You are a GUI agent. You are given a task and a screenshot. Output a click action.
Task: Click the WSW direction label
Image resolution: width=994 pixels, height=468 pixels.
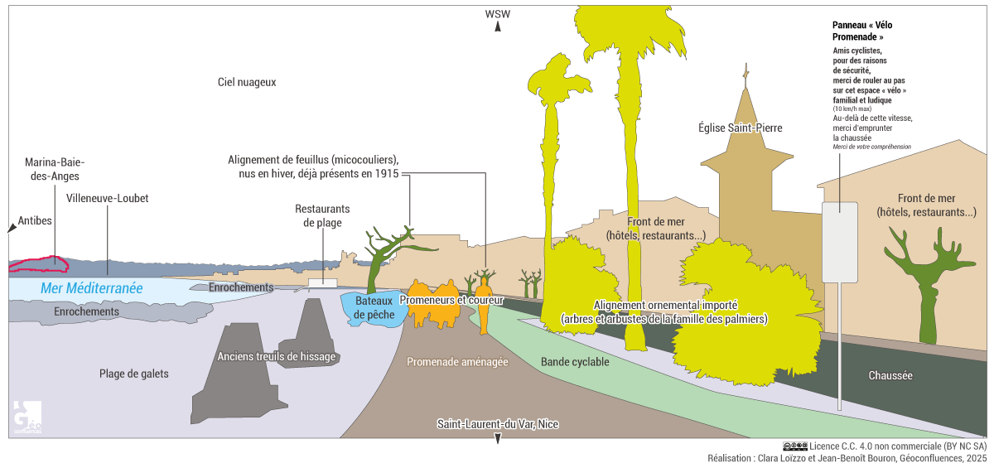pos(498,14)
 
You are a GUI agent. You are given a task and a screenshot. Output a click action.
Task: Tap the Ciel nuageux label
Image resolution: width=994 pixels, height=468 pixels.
pos(246,83)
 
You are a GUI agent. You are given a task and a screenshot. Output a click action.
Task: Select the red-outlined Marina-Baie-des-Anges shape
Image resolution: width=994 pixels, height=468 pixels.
pos(37,264)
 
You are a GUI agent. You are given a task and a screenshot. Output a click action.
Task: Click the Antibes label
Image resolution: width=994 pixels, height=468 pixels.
pos(35,220)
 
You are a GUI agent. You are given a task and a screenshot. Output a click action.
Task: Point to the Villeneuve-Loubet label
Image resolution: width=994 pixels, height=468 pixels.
pos(107,199)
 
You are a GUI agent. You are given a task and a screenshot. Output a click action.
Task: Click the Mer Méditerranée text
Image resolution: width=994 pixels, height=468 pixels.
pos(91,288)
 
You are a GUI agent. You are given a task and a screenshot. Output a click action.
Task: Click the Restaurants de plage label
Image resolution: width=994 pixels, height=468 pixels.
pos(322,215)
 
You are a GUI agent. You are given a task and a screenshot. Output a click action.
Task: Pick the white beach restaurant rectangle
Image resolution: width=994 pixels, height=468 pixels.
pos(322,283)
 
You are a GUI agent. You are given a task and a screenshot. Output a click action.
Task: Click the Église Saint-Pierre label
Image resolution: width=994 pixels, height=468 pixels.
pos(740,128)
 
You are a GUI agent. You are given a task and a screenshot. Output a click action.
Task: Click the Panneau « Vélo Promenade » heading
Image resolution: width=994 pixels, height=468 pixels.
pos(862,31)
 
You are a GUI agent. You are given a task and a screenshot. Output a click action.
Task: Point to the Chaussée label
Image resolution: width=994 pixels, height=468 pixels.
pos(890,375)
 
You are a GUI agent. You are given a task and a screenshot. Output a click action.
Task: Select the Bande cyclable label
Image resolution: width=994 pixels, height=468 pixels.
pos(575,362)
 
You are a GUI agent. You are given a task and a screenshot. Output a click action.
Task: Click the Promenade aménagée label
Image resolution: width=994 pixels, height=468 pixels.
pos(457,362)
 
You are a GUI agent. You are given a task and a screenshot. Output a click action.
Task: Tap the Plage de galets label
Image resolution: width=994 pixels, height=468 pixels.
pos(133,374)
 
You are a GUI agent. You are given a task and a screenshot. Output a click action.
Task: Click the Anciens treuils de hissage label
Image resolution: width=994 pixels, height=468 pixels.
pos(276,357)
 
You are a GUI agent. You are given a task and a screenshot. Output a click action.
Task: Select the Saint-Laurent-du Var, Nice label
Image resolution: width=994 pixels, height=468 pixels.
pos(498,424)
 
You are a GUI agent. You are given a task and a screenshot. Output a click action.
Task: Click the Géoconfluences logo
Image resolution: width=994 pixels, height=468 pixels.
pos(27,417)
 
